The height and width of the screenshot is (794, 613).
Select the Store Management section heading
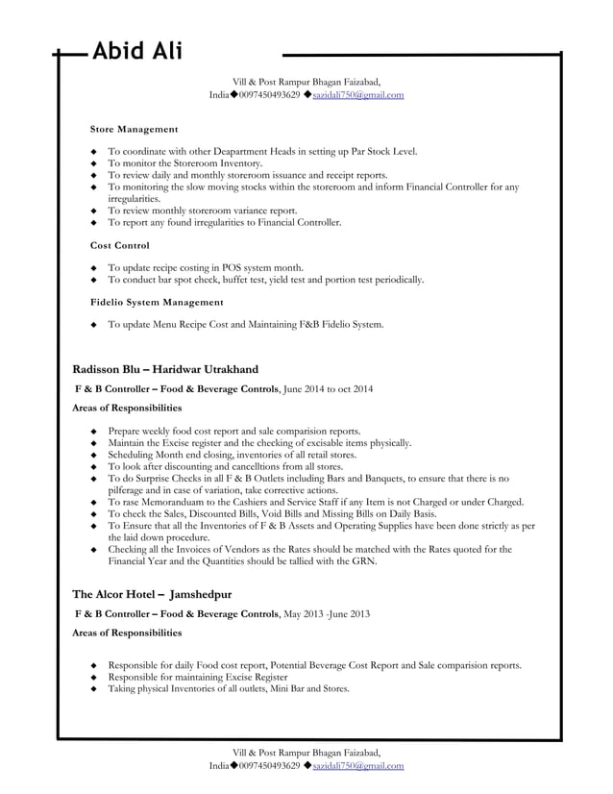tap(134, 128)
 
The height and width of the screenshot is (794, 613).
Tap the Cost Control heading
tap(119, 245)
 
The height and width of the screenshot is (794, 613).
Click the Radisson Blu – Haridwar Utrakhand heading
tap(165, 369)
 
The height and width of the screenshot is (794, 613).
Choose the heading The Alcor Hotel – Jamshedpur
tap(152, 594)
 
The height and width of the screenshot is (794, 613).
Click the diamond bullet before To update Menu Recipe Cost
tap(92, 325)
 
